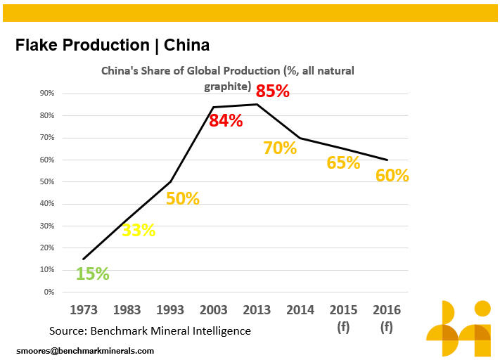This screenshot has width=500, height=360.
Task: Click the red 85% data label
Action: pos(272,91)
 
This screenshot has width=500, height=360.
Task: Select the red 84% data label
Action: pos(226,120)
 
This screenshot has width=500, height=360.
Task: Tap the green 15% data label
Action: pos(92,274)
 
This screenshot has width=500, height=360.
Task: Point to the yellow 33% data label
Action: pos(139,229)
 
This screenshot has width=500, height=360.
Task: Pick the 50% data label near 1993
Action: pos(183,198)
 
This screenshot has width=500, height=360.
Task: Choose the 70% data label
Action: pos(280,148)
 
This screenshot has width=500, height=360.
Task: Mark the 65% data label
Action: pos(343,162)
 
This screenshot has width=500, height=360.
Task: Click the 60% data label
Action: pos(392,175)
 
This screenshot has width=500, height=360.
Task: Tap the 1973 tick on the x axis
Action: pos(83,309)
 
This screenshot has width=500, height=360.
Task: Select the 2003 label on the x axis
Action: pos(214,309)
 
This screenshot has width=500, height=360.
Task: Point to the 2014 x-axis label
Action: pos(300,309)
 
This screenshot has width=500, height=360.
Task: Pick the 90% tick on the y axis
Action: pos(47,94)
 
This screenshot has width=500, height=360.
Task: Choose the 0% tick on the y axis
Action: pos(49,292)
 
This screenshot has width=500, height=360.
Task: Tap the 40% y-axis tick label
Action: pos(47,204)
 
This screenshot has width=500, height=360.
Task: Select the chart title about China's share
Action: pos(228,78)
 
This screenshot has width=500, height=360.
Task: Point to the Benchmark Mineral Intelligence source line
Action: pos(150,330)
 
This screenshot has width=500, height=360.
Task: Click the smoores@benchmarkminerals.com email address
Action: pos(85,349)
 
